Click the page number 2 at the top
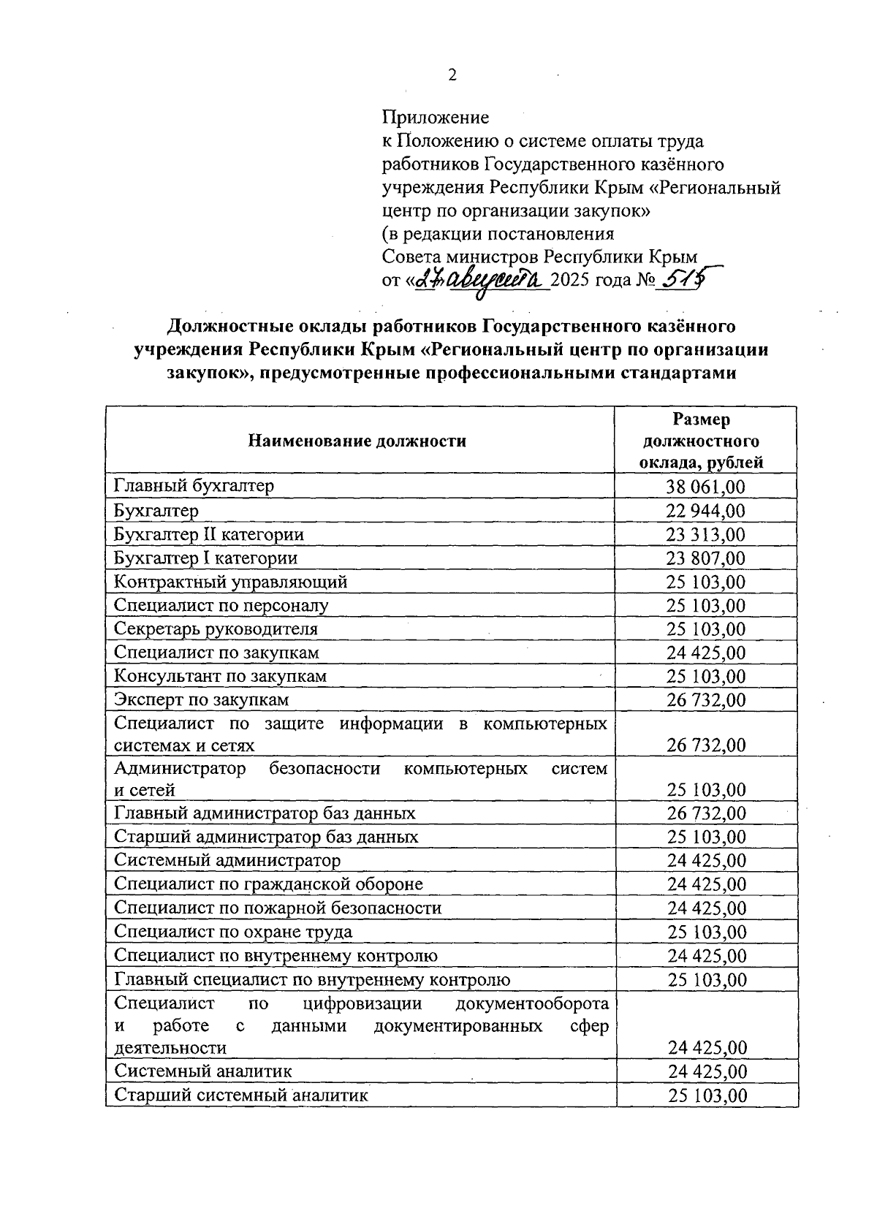point(452,75)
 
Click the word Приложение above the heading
point(436,118)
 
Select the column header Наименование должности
point(357,441)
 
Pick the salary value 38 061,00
point(706,487)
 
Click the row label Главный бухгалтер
point(194,485)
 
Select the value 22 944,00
point(706,511)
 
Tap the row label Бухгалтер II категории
point(209,534)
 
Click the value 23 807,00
point(706,558)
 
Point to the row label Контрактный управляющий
point(230,582)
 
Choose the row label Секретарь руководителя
point(216,628)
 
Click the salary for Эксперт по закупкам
point(706,700)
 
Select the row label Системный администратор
point(227,860)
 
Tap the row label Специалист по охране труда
point(233,932)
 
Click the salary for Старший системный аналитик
point(706,1095)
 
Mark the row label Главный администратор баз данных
point(265,813)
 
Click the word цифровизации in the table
point(360,1002)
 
